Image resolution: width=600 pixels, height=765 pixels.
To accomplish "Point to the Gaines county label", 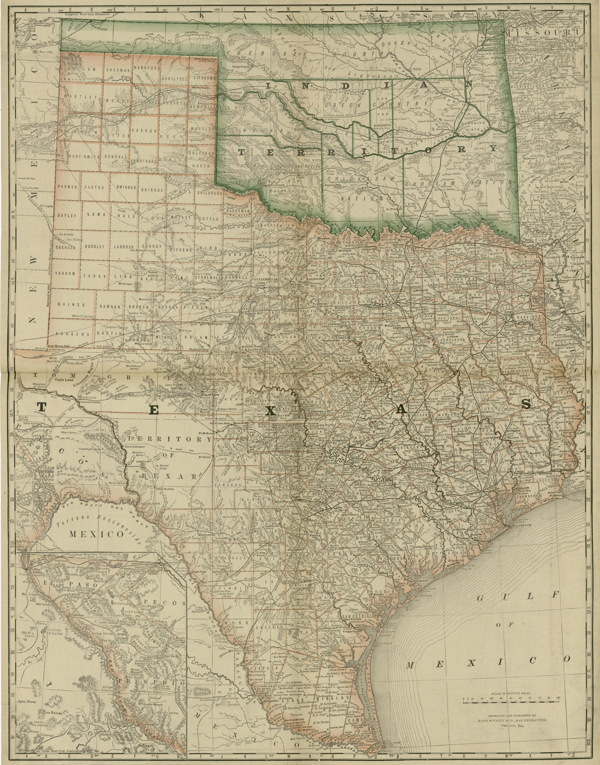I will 71,304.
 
